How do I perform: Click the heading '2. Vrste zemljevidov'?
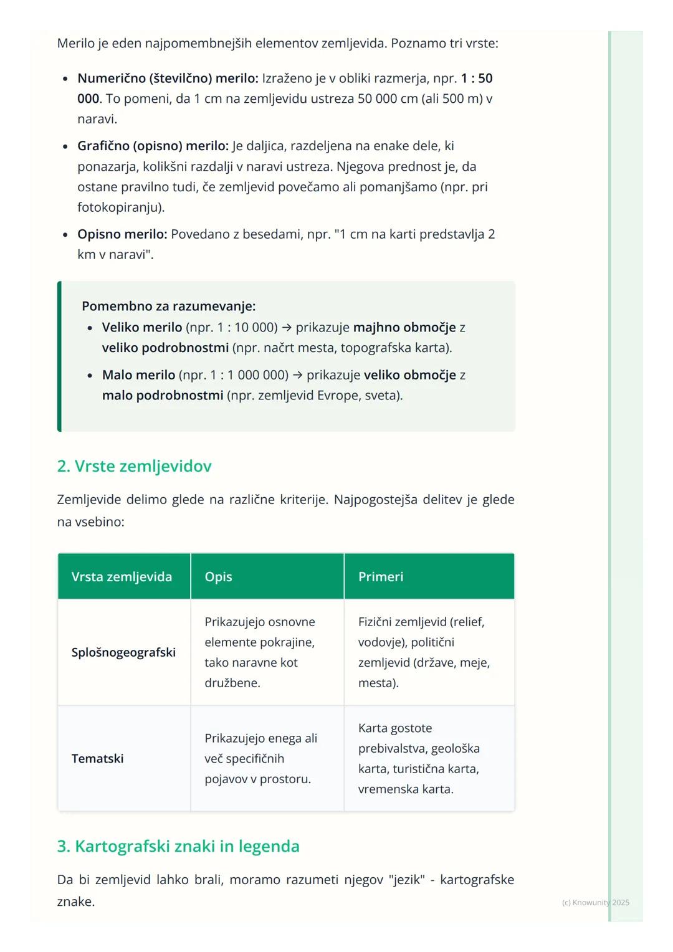(x=134, y=466)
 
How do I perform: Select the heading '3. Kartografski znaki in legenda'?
(x=178, y=846)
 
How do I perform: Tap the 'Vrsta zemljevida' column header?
(x=122, y=577)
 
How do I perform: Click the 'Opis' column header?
(x=218, y=577)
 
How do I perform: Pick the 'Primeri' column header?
(x=381, y=577)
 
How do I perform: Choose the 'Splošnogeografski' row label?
(x=123, y=652)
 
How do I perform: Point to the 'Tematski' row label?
(x=97, y=758)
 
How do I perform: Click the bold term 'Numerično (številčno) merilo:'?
(x=168, y=79)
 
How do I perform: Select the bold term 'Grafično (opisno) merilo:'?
(x=153, y=146)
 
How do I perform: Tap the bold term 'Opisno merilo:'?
(x=122, y=234)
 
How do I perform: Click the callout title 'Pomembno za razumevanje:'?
(x=169, y=306)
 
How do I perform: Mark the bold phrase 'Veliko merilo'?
(x=142, y=327)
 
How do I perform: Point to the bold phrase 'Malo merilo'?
(x=138, y=375)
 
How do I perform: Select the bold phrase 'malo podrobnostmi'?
(x=163, y=396)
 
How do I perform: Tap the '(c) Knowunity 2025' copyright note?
(x=595, y=902)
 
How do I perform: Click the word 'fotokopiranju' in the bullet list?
(x=118, y=207)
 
